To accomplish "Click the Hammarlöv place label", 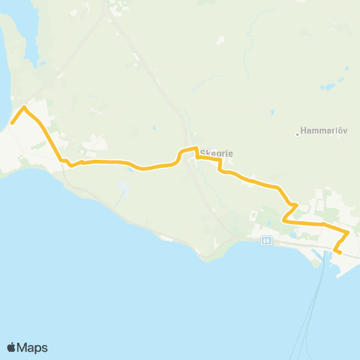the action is coord(324,130).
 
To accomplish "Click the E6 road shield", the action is coord(266,241).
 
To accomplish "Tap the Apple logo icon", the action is coord(11,347).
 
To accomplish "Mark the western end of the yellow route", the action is coord(12,123).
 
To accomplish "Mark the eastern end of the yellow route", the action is coord(340,253).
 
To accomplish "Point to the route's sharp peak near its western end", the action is coord(25,108).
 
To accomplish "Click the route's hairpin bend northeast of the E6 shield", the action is coord(297,205).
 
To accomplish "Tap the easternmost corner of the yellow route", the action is coord(349,232).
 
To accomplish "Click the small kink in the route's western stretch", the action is coord(70,165).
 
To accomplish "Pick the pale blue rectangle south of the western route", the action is coord(122,185).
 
